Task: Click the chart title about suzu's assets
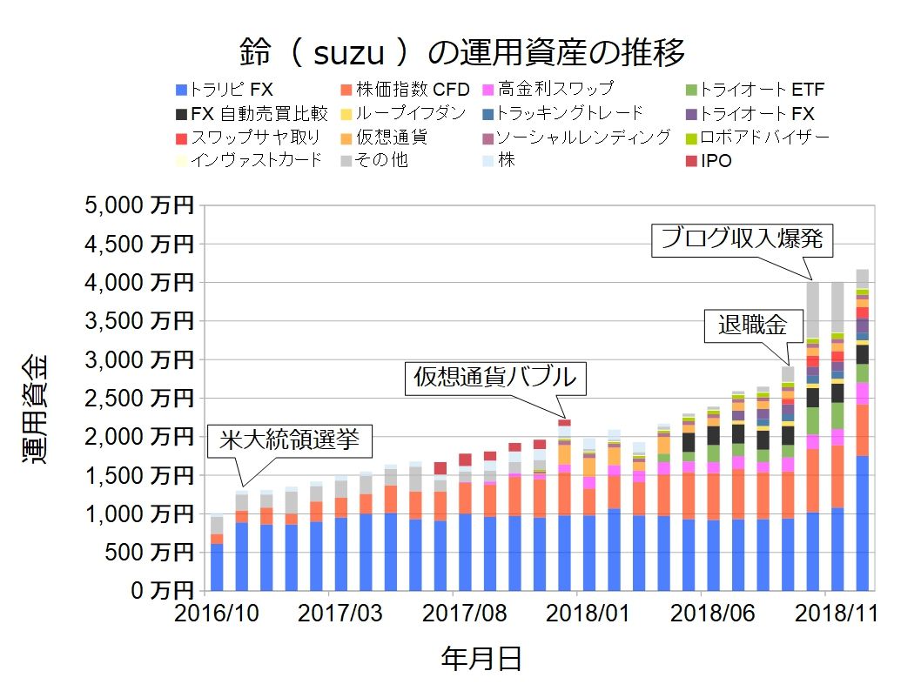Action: pos(462,53)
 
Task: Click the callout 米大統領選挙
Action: pos(290,441)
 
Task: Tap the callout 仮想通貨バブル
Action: pos(494,378)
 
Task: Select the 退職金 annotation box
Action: pos(752,325)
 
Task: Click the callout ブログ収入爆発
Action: pos(742,238)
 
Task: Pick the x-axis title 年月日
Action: pos(481,659)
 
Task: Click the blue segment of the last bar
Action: pos(862,522)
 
